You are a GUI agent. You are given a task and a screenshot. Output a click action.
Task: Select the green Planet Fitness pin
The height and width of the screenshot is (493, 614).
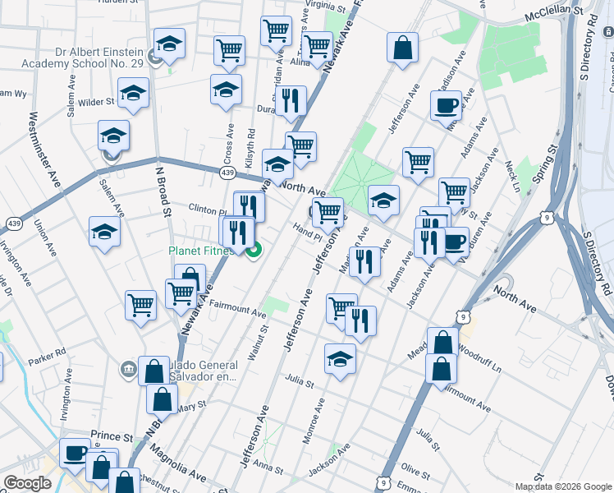[x=254, y=250]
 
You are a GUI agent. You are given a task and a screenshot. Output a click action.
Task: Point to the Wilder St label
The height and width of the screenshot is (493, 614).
[x=96, y=102]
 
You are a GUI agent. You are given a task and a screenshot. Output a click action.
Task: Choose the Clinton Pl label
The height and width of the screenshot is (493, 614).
[x=206, y=209]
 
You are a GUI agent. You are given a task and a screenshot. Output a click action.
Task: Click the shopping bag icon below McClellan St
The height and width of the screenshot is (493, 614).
[x=403, y=47]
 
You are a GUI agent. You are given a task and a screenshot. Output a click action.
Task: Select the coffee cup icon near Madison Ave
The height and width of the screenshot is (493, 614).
[x=446, y=105]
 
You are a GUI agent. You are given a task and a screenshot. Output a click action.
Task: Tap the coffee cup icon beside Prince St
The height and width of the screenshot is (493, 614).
[x=76, y=452]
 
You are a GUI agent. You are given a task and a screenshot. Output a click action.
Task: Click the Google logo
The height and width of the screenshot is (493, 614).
[x=27, y=483]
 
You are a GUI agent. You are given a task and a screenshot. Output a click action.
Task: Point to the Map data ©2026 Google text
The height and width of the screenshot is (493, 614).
[x=563, y=486]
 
